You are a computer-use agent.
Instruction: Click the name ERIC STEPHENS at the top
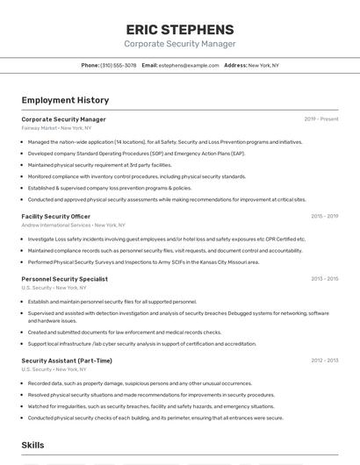pyautogui.click(x=180, y=29)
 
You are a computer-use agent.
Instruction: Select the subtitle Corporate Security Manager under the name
pyautogui.click(x=180, y=44)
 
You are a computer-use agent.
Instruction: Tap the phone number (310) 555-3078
pyautogui.click(x=119, y=65)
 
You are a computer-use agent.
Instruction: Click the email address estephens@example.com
pyautogui.click(x=189, y=65)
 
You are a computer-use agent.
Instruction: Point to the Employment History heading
pyautogui.click(x=65, y=100)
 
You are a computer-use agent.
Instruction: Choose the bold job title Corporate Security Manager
pyautogui.click(x=63, y=119)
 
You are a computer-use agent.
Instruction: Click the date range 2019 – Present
pyautogui.click(x=321, y=119)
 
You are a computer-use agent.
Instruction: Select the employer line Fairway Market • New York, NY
pyautogui.click(x=56, y=128)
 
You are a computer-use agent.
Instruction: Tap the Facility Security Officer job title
pyautogui.click(x=55, y=216)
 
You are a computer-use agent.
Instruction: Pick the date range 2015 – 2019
pyautogui.click(x=324, y=216)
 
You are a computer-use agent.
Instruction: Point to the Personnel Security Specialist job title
pyautogui.click(x=64, y=279)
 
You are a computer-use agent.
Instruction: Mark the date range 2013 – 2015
pyautogui.click(x=324, y=279)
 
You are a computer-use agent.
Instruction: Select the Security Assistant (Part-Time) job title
pyautogui.click(x=67, y=361)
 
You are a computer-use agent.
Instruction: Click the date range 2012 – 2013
pyautogui.click(x=324, y=361)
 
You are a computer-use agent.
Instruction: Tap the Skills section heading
pyautogui.click(x=33, y=446)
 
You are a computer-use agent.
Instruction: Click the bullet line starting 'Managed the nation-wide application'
pyautogui.click(x=165, y=141)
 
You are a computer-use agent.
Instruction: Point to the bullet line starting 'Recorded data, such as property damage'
pyautogui.click(x=140, y=383)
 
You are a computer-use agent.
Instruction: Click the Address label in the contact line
pyautogui.click(x=235, y=65)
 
